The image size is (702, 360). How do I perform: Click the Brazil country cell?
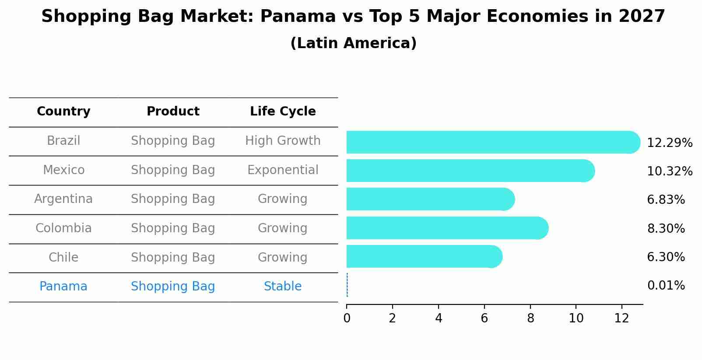click(x=63, y=141)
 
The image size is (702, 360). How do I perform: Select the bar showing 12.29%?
click(x=493, y=142)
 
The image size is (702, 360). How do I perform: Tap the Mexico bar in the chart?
click(x=471, y=171)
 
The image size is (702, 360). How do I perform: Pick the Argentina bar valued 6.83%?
click(x=431, y=199)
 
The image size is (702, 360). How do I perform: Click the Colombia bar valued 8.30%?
click(x=448, y=228)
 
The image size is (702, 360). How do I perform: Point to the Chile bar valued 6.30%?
click(x=425, y=257)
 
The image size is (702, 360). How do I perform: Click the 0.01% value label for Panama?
click(x=666, y=286)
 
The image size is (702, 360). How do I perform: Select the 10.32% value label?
click(x=670, y=171)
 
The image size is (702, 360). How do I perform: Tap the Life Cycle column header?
click(x=283, y=112)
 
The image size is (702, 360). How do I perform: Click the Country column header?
click(x=63, y=112)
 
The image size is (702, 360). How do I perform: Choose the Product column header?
click(x=173, y=111)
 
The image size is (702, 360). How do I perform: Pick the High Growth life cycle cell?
click(x=283, y=141)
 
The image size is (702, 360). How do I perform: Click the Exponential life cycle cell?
click(x=283, y=170)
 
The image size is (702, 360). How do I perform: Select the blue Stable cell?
click(x=283, y=286)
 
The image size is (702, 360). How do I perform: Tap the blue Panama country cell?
click(x=63, y=286)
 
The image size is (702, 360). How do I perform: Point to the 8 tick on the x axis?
click(x=530, y=306)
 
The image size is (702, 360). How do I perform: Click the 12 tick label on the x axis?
click(x=622, y=318)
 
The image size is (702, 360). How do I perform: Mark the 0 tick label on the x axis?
click(x=347, y=318)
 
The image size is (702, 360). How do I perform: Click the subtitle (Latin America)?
click(x=354, y=43)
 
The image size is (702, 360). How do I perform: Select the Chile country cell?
click(x=63, y=257)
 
